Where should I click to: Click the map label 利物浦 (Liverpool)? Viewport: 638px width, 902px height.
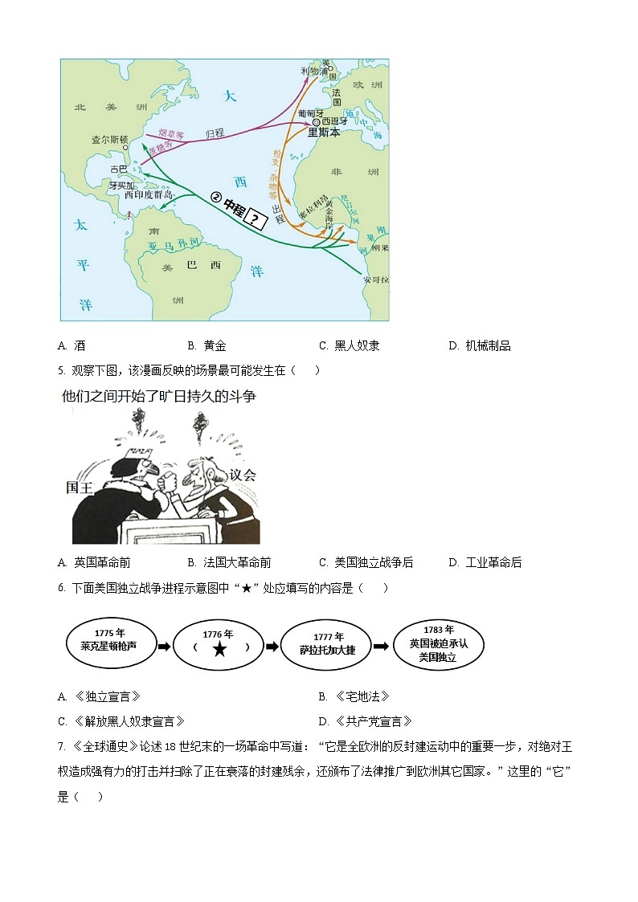coord(314,71)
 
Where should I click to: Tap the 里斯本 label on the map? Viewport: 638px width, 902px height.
coord(324,133)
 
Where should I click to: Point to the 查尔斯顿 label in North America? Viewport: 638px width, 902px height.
coord(109,139)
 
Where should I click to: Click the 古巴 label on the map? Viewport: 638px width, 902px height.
coord(118,169)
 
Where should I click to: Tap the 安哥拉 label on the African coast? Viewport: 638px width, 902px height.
coord(375,280)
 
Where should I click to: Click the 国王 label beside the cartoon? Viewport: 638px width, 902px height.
coord(80,488)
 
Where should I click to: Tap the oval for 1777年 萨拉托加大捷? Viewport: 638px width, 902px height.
coord(328,644)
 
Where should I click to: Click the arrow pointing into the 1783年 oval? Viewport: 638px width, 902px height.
coord(382,645)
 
